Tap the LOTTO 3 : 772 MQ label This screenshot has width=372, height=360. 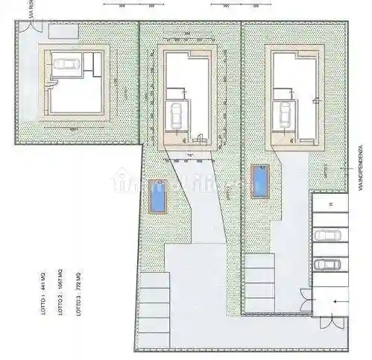tap(79, 297)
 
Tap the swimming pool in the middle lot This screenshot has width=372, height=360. tap(157, 195)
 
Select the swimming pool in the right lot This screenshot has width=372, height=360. tap(260, 180)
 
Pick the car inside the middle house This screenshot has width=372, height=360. tap(176, 115)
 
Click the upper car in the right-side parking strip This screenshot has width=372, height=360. tap(328, 236)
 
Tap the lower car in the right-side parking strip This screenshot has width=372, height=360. tap(328, 264)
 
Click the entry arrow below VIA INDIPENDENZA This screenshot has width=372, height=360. tap(337, 302)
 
